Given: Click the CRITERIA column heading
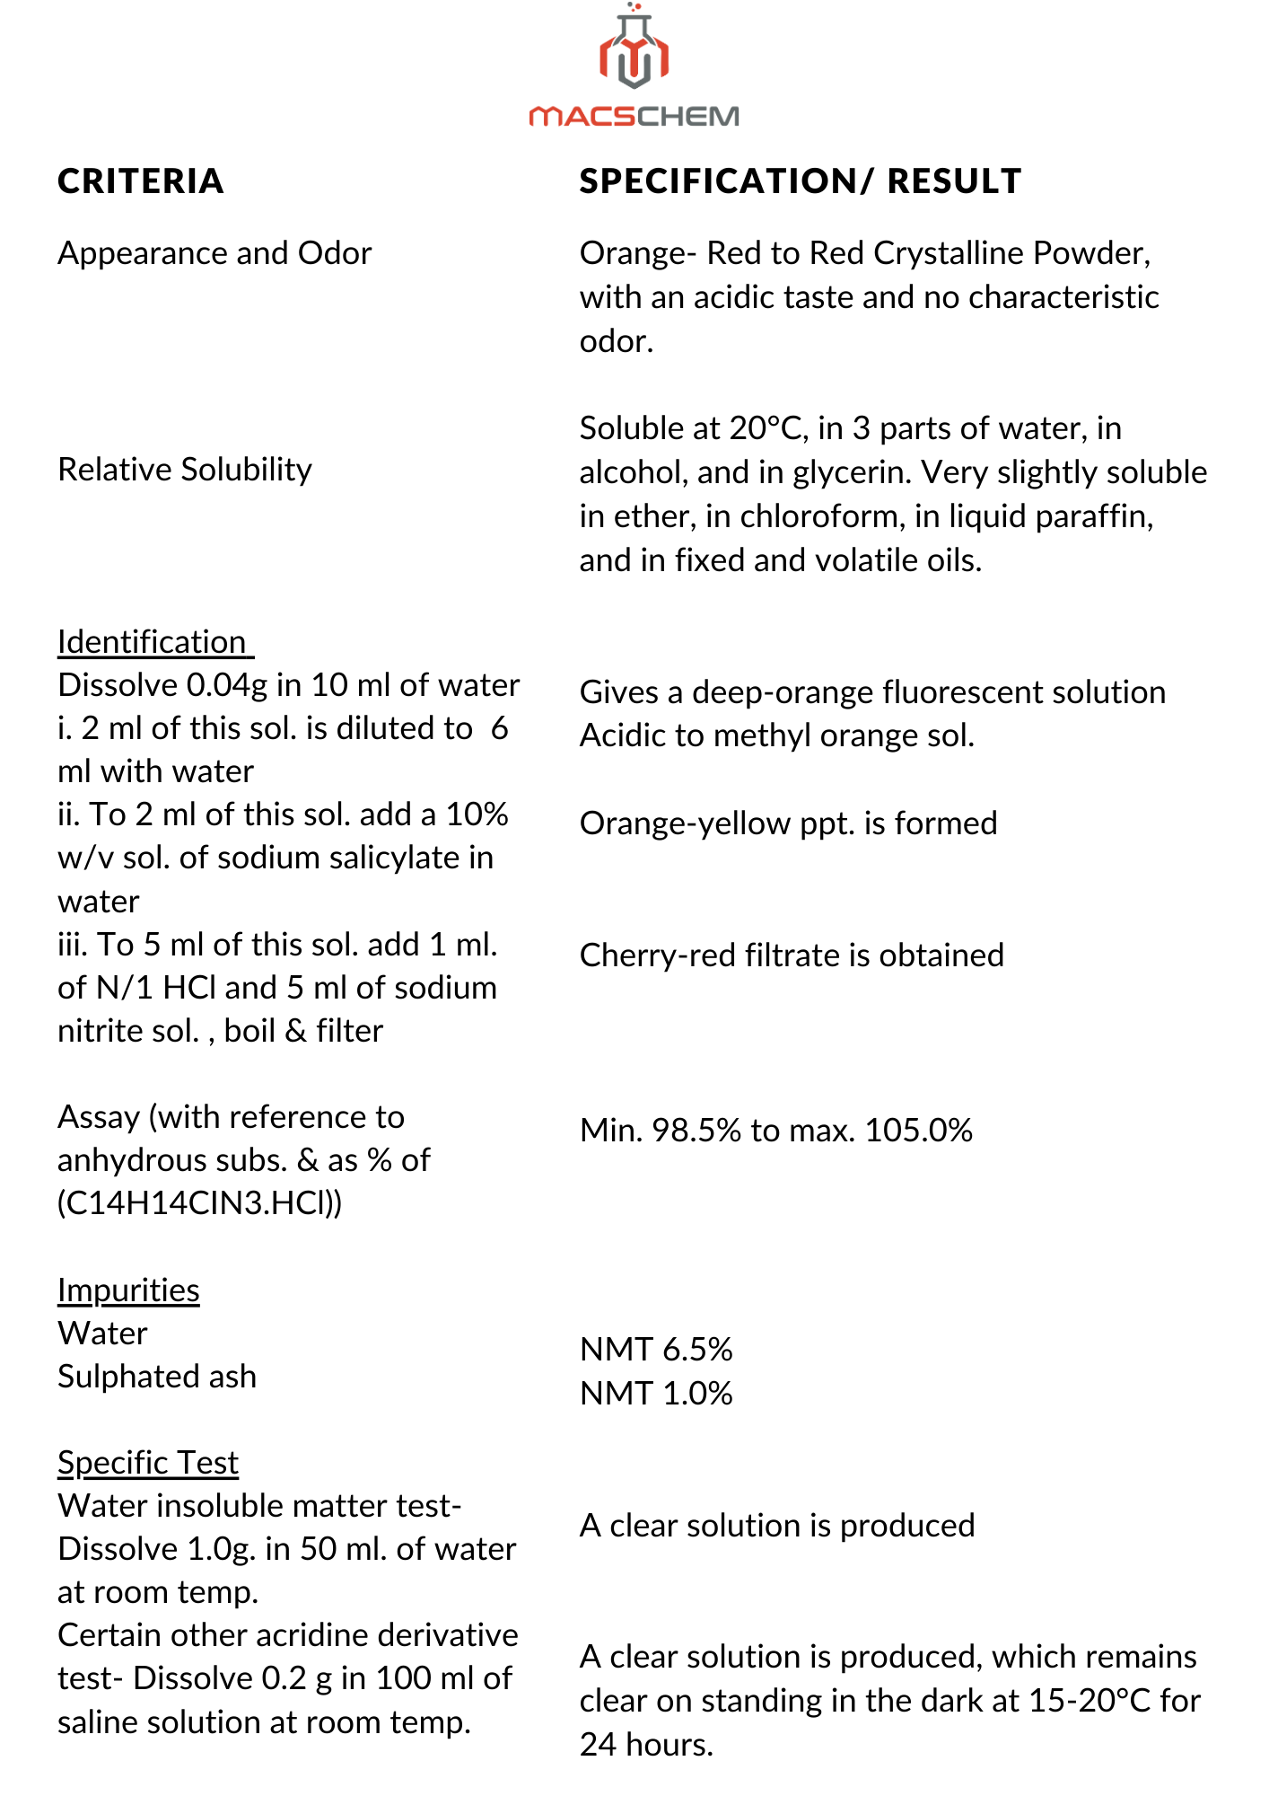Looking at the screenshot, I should point(140,181).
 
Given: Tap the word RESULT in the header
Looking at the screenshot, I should point(954,181).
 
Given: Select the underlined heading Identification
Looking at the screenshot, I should point(152,642).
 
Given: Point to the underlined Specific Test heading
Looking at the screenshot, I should point(148,1463).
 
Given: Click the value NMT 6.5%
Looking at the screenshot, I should point(656,1349).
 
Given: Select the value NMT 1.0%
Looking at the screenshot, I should point(656,1393).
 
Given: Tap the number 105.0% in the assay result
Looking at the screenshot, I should point(918,1130).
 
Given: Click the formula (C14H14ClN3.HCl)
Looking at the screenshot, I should point(199,1203).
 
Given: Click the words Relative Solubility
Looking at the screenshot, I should point(185,469).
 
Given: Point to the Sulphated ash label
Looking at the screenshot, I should point(157,1376).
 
